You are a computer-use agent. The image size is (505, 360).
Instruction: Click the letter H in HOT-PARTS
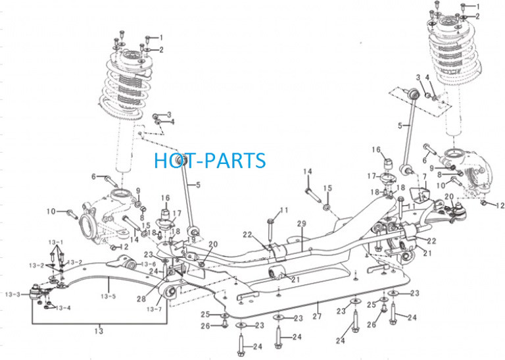pyautogui.click(x=160, y=160)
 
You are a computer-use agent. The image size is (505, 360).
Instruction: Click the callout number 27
pyautogui.click(x=317, y=316)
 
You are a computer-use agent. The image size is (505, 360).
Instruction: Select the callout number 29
pyautogui.click(x=302, y=224)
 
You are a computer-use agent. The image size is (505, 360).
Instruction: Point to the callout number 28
pyautogui.click(x=141, y=299)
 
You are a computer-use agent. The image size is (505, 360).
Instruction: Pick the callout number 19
pyautogui.click(x=191, y=240)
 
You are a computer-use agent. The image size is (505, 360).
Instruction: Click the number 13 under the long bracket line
pyautogui.click(x=99, y=331)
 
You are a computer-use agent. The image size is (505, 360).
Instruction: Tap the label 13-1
pyautogui.click(x=56, y=242)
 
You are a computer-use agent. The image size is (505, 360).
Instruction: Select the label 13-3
pyautogui.click(x=12, y=294)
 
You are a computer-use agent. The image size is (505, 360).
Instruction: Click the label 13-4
pyautogui.click(x=63, y=308)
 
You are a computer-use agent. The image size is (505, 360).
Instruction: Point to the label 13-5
pyautogui.click(x=108, y=296)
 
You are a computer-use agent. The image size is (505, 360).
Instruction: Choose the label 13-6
pyautogui.click(x=149, y=265)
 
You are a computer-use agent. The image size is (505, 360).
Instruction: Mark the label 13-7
pyautogui.click(x=154, y=309)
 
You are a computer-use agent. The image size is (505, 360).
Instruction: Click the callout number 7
pyautogui.click(x=425, y=176)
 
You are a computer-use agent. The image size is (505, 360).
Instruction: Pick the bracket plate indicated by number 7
pyautogui.click(x=419, y=197)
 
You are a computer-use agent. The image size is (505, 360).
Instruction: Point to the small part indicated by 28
pyautogui.click(x=172, y=272)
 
